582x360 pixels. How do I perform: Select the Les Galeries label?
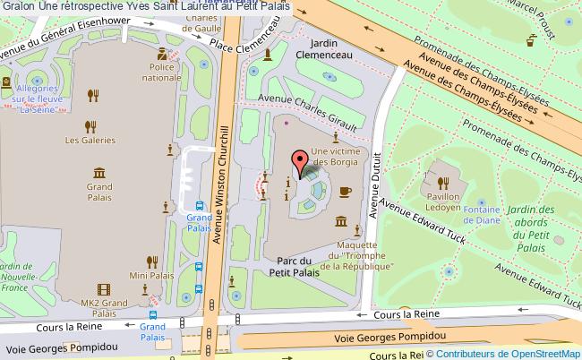tap(90, 140)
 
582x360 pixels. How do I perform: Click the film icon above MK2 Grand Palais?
tap(104, 289)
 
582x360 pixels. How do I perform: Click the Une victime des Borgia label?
tap(334, 157)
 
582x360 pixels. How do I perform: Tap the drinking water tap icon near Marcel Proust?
tap(531, 39)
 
